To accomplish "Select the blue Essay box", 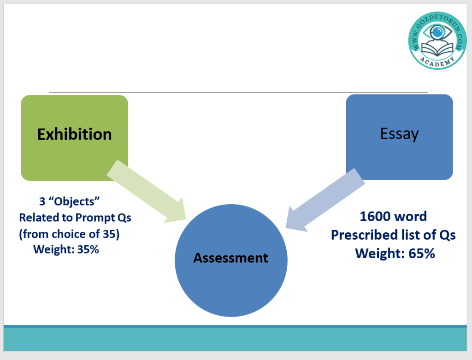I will [399, 157].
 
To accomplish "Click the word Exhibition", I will [74, 134].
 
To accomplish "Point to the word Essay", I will [399, 134].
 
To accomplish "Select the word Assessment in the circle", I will [230, 258].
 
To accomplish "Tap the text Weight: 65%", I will [395, 253].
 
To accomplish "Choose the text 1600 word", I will [393, 216].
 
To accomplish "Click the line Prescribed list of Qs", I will [393, 235].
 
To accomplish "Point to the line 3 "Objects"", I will [70, 202].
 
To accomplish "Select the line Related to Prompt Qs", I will [75, 218].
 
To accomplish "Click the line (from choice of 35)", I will [69, 234].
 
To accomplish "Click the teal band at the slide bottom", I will [236, 340].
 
